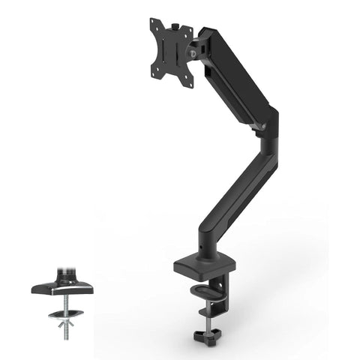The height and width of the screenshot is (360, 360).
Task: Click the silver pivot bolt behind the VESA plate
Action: [x=197, y=52]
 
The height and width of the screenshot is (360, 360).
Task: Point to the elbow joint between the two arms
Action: [x=267, y=124]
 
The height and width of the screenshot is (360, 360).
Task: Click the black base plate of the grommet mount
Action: [x=62, y=286]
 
